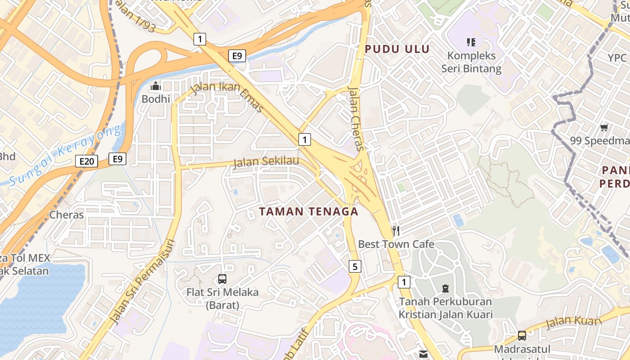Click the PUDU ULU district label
pyautogui.click(x=397, y=49)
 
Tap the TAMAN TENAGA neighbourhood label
pyautogui.click(x=309, y=211)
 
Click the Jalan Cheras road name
pyautogui.click(x=355, y=118)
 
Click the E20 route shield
pyautogui.click(x=86, y=162)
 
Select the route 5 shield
pyautogui.click(x=355, y=267)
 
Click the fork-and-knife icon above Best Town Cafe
pyautogui.click(x=396, y=231)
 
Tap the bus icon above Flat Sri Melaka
pyautogui.click(x=222, y=279)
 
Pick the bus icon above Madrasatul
pyautogui.click(x=522, y=335)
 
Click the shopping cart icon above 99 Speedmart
pyautogui.click(x=604, y=127)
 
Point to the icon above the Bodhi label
pyautogui.click(x=156, y=85)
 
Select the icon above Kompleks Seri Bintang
pyautogui.click(x=471, y=42)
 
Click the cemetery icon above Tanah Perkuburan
pyautogui.click(x=445, y=288)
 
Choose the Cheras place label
pyautogui.click(x=67, y=215)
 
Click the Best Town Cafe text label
pyautogui.click(x=396, y=244)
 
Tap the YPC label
pyautogui.click(x=617, y=58)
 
